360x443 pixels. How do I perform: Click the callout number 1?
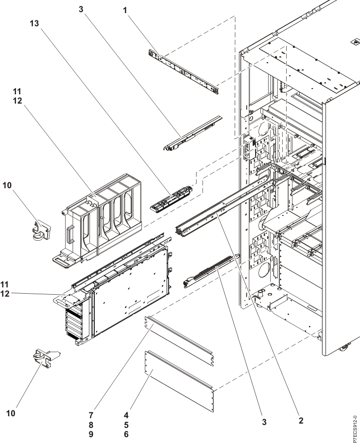click(x=125, y=11)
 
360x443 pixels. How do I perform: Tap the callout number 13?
click(x=34, y=23)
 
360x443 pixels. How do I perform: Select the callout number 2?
click(x=301, y=421)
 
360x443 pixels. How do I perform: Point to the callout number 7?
click(x=91, y=415)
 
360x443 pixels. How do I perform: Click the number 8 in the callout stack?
click(x=91, y=425)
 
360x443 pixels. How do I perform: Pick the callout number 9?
click(x=91, y=434)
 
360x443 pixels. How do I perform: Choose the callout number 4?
click(x=126, y=415)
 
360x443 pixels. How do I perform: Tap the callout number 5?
click(x=126, y=425)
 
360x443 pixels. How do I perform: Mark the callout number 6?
click(x=126, y=434)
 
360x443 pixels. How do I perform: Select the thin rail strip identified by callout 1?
click(x=184, y=72)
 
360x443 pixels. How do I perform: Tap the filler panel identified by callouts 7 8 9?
click(x=179, y=341)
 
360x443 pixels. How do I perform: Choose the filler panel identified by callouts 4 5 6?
click(x=180, y=381)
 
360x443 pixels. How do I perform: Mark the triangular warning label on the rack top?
click(x=355, y=43)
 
